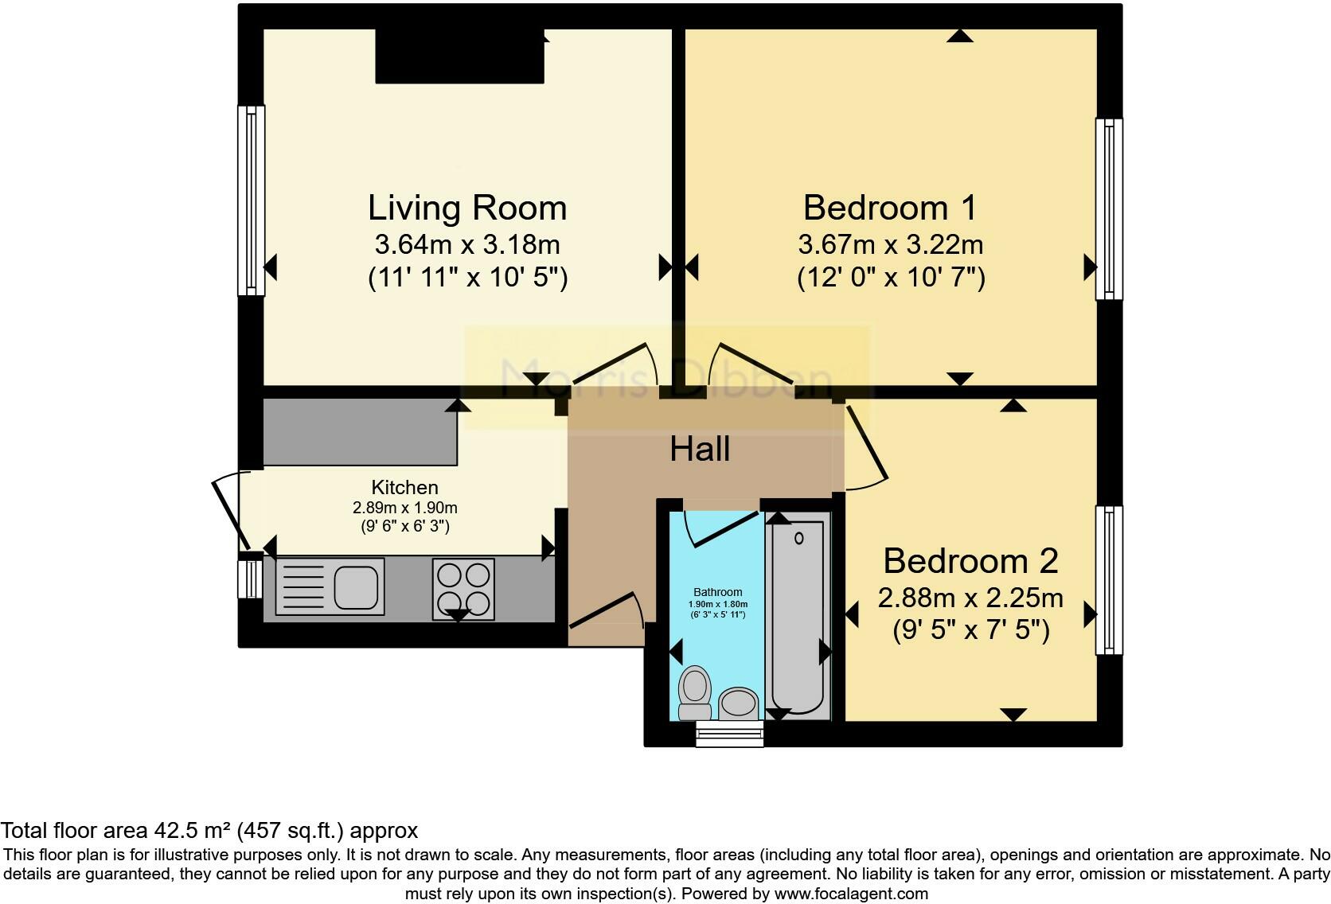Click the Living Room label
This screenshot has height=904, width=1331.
tap(467, 208)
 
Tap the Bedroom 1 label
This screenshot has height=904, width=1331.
tap(890, 208)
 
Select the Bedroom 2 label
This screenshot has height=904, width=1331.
tap(970, 561)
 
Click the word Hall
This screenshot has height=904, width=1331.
tap(700, 449)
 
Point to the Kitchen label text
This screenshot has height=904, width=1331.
tap(404, 487)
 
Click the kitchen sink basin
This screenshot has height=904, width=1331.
tap(355, 586)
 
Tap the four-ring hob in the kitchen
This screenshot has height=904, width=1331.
tap(463, 588)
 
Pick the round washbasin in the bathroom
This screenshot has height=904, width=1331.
tap(740, 703)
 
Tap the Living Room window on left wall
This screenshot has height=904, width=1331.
tap(252, 201)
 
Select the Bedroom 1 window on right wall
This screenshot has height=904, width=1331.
tap(1108, 209)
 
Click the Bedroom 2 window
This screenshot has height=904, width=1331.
tap(1108, 580)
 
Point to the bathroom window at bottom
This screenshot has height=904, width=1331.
tap(729, 734)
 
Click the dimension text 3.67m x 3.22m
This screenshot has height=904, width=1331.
tap(890, 244)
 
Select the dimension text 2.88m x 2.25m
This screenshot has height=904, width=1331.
tap(970, 598)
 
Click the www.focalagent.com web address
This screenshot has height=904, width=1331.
tap(851, 894)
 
